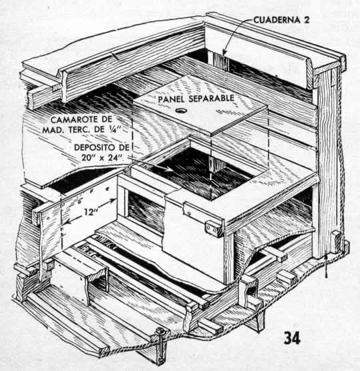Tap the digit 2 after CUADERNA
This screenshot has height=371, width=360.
pyautogui.click(x=307, y=20)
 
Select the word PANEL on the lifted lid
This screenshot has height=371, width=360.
pyautogui.click(x=171, y=99)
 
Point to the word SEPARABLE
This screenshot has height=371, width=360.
pyautogui.click(x=211, y=98)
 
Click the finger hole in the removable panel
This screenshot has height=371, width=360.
pyautogui.click(x=181, y=111)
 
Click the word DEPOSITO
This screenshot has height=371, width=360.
pyautogui.click(x=95, y=147)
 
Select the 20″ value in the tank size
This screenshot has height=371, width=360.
pyautogui.click(x=88, y=157)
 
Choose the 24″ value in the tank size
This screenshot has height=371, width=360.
pyautogui.click(x=114, y=157)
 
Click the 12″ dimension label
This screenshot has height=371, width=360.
pyautogui.click(x=91, y=212)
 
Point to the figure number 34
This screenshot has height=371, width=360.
pyautogui.click(x=292, y=338)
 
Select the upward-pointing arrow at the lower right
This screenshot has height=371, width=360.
pyautogui.click(x=327, y=265)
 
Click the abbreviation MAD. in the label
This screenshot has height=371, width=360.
pyautogui.click(x=53, y=130)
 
